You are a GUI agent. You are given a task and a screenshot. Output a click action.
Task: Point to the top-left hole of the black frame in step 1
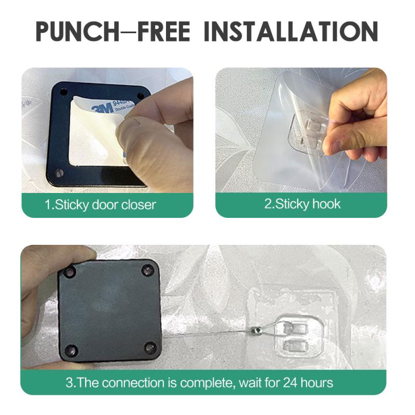(64, 92)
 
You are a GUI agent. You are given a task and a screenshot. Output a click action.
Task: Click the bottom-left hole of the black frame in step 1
(59, 172)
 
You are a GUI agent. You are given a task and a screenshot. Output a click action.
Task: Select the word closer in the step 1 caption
(139, 204)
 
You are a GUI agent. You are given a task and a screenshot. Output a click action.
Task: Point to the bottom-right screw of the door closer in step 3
(150, 348)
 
